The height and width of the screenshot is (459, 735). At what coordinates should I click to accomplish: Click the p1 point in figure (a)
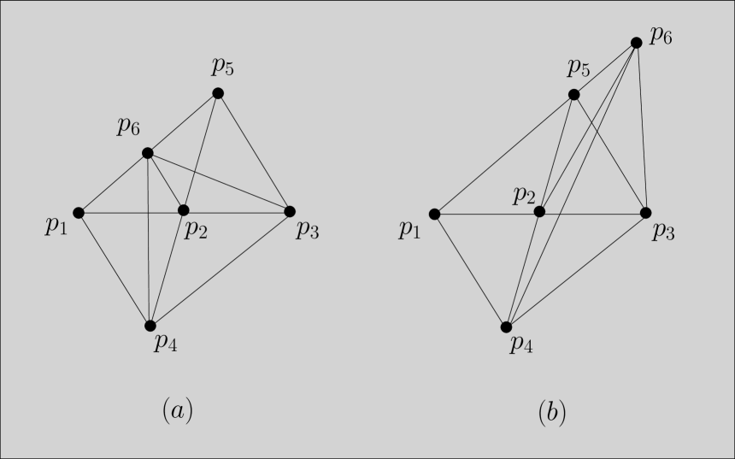79,212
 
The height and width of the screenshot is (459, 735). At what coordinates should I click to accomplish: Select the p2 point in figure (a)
183,210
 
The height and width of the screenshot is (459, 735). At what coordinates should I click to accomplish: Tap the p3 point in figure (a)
289,211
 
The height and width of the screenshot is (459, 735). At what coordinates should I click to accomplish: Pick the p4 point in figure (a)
150,326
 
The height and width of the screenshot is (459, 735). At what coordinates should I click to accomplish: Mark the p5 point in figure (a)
218,93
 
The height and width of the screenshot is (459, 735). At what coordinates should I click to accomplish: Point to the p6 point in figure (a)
147,153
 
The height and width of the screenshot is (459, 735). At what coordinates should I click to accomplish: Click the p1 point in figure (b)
434,214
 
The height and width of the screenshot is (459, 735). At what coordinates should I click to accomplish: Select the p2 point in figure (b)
539,211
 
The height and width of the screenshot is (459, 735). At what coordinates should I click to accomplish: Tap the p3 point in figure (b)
645,212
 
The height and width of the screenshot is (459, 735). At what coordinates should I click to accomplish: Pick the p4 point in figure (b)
506,327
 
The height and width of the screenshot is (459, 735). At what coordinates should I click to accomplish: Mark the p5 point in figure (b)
574,94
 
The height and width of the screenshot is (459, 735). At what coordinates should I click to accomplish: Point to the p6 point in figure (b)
636,42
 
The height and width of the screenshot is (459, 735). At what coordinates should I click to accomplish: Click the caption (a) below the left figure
178,411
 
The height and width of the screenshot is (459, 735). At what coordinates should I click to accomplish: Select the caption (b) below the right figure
551,413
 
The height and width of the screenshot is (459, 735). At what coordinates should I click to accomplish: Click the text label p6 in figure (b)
661,36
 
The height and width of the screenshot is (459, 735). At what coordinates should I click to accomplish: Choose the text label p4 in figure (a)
165,344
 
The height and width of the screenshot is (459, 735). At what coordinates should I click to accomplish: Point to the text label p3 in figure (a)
308,229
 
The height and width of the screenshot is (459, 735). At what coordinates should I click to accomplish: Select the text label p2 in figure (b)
524,195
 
